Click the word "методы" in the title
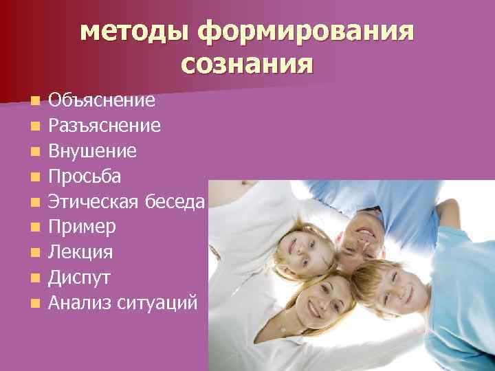click(133, 32)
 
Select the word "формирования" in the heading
click(305, 32)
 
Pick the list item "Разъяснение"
click(104, 126)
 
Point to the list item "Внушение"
click(92, 151)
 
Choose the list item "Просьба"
click(85, 177)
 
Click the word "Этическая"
click(94, 201)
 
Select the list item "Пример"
click(82, 227)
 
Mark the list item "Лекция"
click(80, 251)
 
